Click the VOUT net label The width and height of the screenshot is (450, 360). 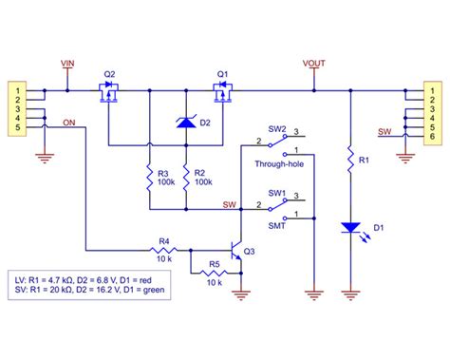tap(313, 65)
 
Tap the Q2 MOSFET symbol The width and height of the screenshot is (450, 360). tap(110, 92)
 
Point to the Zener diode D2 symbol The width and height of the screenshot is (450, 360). tap(187, 121)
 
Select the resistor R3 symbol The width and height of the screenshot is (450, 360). tap(149, 177)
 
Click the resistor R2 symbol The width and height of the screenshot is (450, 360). tap(186, 177)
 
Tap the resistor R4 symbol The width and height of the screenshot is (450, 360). tap(162, 251)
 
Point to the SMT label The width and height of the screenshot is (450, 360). tap(277, 224)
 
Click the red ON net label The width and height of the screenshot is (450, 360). tap(69, 123)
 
